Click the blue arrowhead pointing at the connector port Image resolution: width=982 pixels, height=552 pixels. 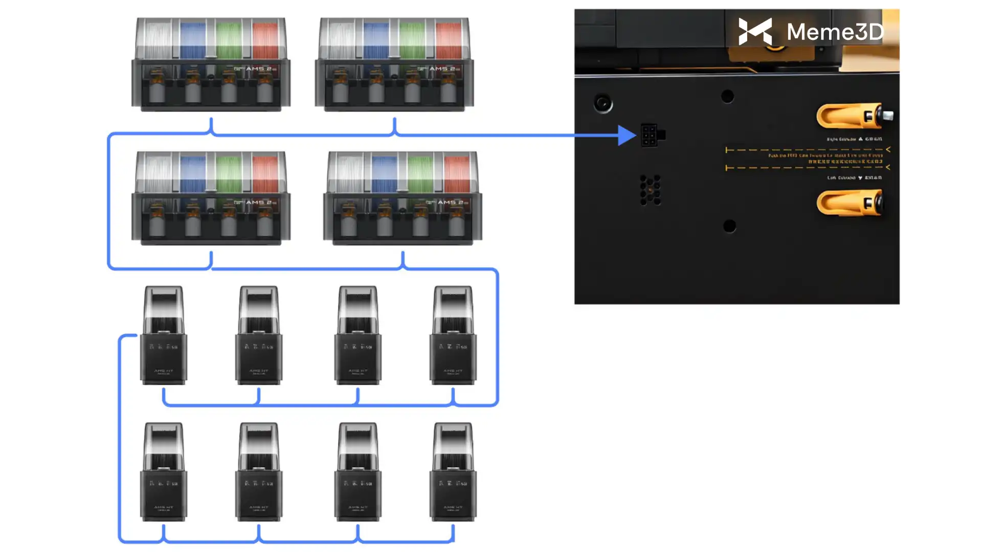coord(627,135)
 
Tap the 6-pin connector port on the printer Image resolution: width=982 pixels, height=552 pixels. coord(650,135)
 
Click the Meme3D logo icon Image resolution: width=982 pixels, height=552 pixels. coord(755,32)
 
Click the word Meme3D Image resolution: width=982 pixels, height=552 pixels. coord(835,32)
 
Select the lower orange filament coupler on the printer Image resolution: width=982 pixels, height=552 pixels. coord(850,203)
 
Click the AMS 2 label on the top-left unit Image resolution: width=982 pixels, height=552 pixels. coord(258,68)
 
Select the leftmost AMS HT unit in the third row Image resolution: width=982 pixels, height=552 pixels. coord(164,335)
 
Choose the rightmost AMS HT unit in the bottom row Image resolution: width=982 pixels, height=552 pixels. coord(453,472)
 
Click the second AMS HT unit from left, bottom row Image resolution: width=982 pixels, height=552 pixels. coord(259,472)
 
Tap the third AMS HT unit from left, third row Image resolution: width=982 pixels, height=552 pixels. coord(358,335)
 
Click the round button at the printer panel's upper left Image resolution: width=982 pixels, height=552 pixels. coord(603,104)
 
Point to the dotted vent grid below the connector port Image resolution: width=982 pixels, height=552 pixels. coord(650,190)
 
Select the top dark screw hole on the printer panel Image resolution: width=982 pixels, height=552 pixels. coord(727,96)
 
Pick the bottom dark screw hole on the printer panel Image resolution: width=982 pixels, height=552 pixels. coord(730,226)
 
